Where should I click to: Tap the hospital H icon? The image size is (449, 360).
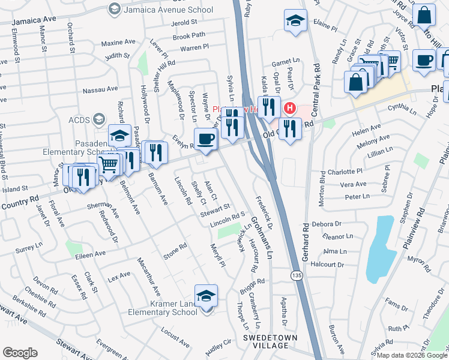coord(289,109)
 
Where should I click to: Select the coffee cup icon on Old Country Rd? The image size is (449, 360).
coord(205,139)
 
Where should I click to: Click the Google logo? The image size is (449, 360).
coord(20,352)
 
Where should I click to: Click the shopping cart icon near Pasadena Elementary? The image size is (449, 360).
coord(109,163)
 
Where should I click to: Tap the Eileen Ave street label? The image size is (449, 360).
coord(91,255)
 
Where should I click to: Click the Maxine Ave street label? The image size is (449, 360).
coord(119,43)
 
